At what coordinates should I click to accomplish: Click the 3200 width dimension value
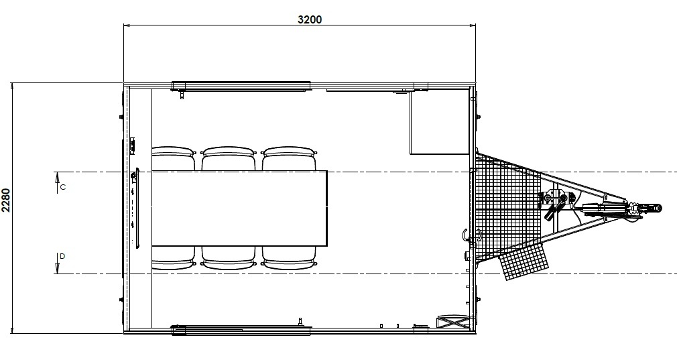pyautogui.click(x=310, y=19)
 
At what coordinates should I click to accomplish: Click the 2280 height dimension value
pyautogui.click(x=5, y=200)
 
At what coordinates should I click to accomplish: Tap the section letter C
pyautogui.click(x=62, y=187)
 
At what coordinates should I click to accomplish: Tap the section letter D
pyautogui.click(x=62, y=256)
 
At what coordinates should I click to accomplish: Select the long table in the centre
pyautogui.click(x=239, y=208)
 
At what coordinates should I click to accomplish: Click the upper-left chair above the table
pyautogui.click(x=174, y=158)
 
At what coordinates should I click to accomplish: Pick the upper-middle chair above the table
pyautogui.click(x=229, y=158)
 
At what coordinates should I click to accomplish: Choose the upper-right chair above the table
pyautogui.click(x=289, y=158)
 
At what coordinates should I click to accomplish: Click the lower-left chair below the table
pyautogui.click(x=174, y=258)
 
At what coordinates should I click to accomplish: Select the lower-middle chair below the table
pyautogui.click(x=229, y=258)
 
